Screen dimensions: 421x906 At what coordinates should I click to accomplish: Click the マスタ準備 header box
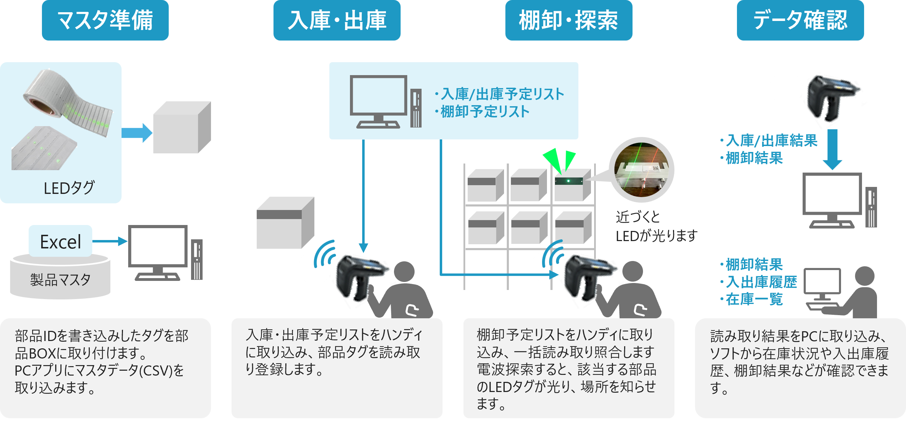point(105,20)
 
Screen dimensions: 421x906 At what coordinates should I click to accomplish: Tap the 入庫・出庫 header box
point(337,20)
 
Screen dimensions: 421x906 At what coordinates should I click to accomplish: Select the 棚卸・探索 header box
point(568,20)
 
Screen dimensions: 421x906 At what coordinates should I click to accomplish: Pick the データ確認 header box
point(800,20)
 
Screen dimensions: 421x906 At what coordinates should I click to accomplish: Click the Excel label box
point(60,241)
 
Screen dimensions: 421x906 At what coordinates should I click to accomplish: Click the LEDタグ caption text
point(69,188)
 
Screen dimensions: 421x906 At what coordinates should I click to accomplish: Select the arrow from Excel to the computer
point(110,241)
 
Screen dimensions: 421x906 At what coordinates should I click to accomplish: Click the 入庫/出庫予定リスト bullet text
point(499,94)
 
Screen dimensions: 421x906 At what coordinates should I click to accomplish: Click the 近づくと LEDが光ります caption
point(656,227)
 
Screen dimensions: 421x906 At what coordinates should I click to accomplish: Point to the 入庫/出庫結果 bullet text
point(769,141)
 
